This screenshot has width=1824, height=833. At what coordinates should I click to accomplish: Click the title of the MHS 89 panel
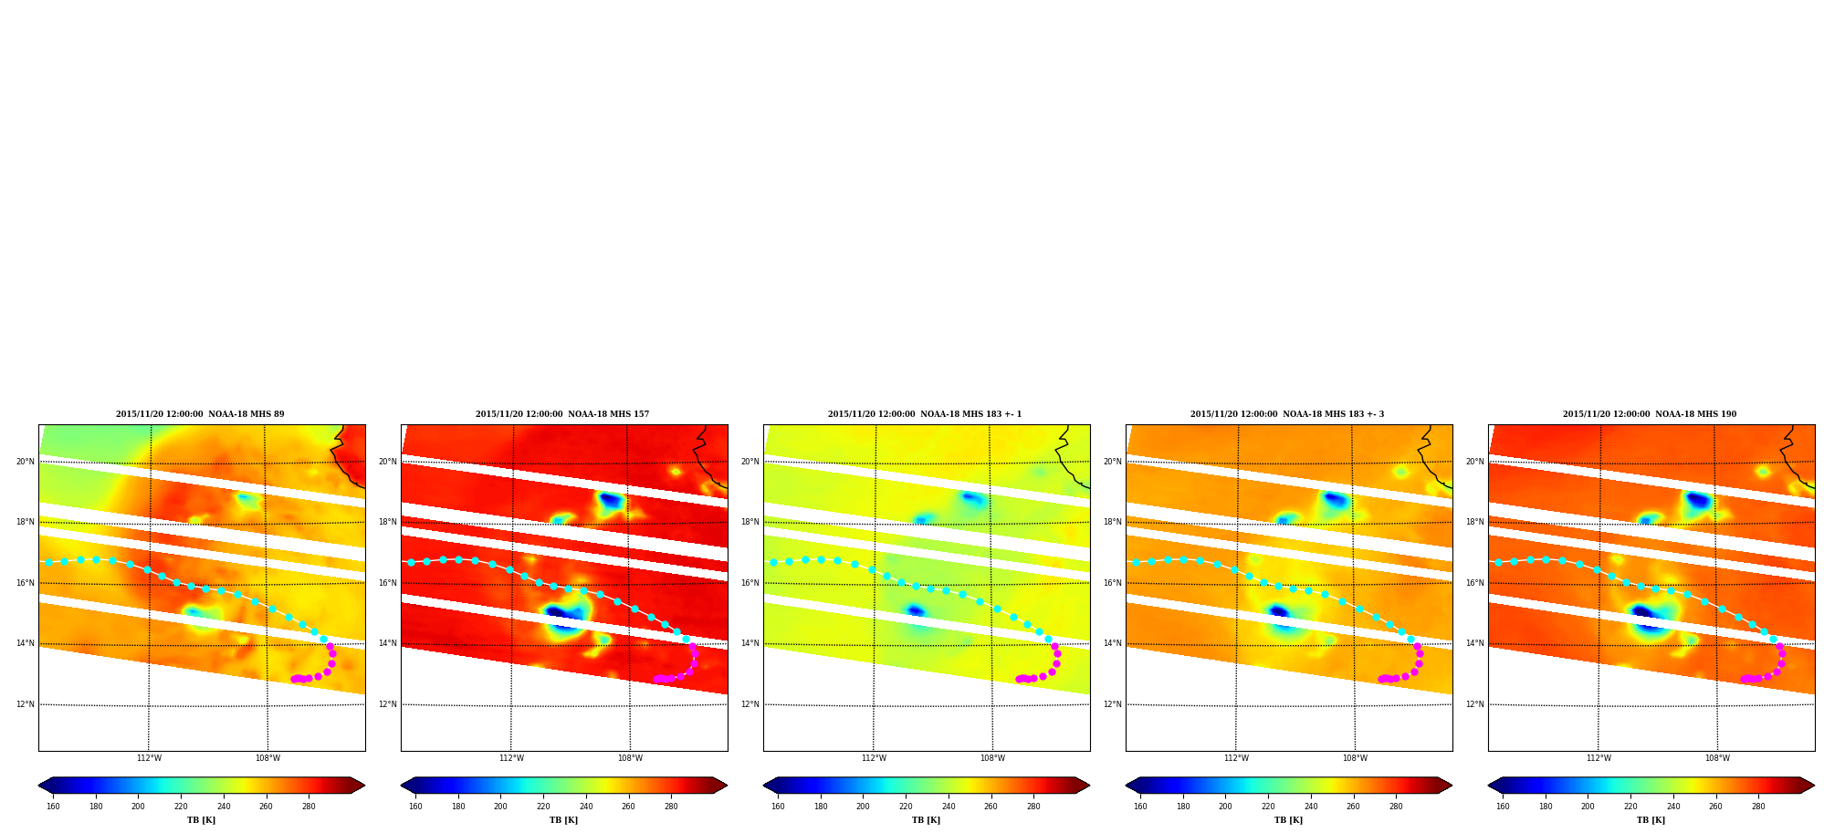200,414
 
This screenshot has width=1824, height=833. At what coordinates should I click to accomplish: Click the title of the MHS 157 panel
562,414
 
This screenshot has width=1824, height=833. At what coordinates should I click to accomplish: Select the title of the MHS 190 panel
1650,414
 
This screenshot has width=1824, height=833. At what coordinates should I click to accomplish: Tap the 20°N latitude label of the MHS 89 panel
26,462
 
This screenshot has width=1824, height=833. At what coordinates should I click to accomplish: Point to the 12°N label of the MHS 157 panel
388,704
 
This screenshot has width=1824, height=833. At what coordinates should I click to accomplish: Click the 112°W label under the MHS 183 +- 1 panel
874,758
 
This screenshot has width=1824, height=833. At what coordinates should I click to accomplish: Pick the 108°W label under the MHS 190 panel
1717,758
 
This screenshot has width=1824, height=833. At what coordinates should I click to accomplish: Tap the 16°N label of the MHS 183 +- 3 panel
1113,583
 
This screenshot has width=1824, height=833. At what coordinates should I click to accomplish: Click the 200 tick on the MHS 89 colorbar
138,807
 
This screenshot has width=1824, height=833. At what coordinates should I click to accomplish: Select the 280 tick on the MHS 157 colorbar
671,807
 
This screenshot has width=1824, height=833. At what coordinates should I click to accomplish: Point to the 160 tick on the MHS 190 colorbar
1503,807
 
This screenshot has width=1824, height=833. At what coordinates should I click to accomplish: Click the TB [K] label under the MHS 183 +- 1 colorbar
926,820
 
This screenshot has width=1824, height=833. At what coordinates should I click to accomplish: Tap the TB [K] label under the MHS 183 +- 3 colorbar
1288,820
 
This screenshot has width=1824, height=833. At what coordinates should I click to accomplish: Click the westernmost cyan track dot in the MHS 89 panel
48,562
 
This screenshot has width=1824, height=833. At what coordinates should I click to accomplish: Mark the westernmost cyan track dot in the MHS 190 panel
1498,562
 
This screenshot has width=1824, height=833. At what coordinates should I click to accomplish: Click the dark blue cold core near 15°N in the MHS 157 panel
558,612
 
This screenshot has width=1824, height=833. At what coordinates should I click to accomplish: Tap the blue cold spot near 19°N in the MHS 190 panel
1697,500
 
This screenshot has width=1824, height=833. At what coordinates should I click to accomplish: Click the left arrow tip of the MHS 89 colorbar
38,786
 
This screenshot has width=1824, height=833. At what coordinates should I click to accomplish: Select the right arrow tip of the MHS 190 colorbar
1814,786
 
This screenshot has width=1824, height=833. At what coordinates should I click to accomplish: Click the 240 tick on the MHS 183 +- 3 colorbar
1311,807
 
